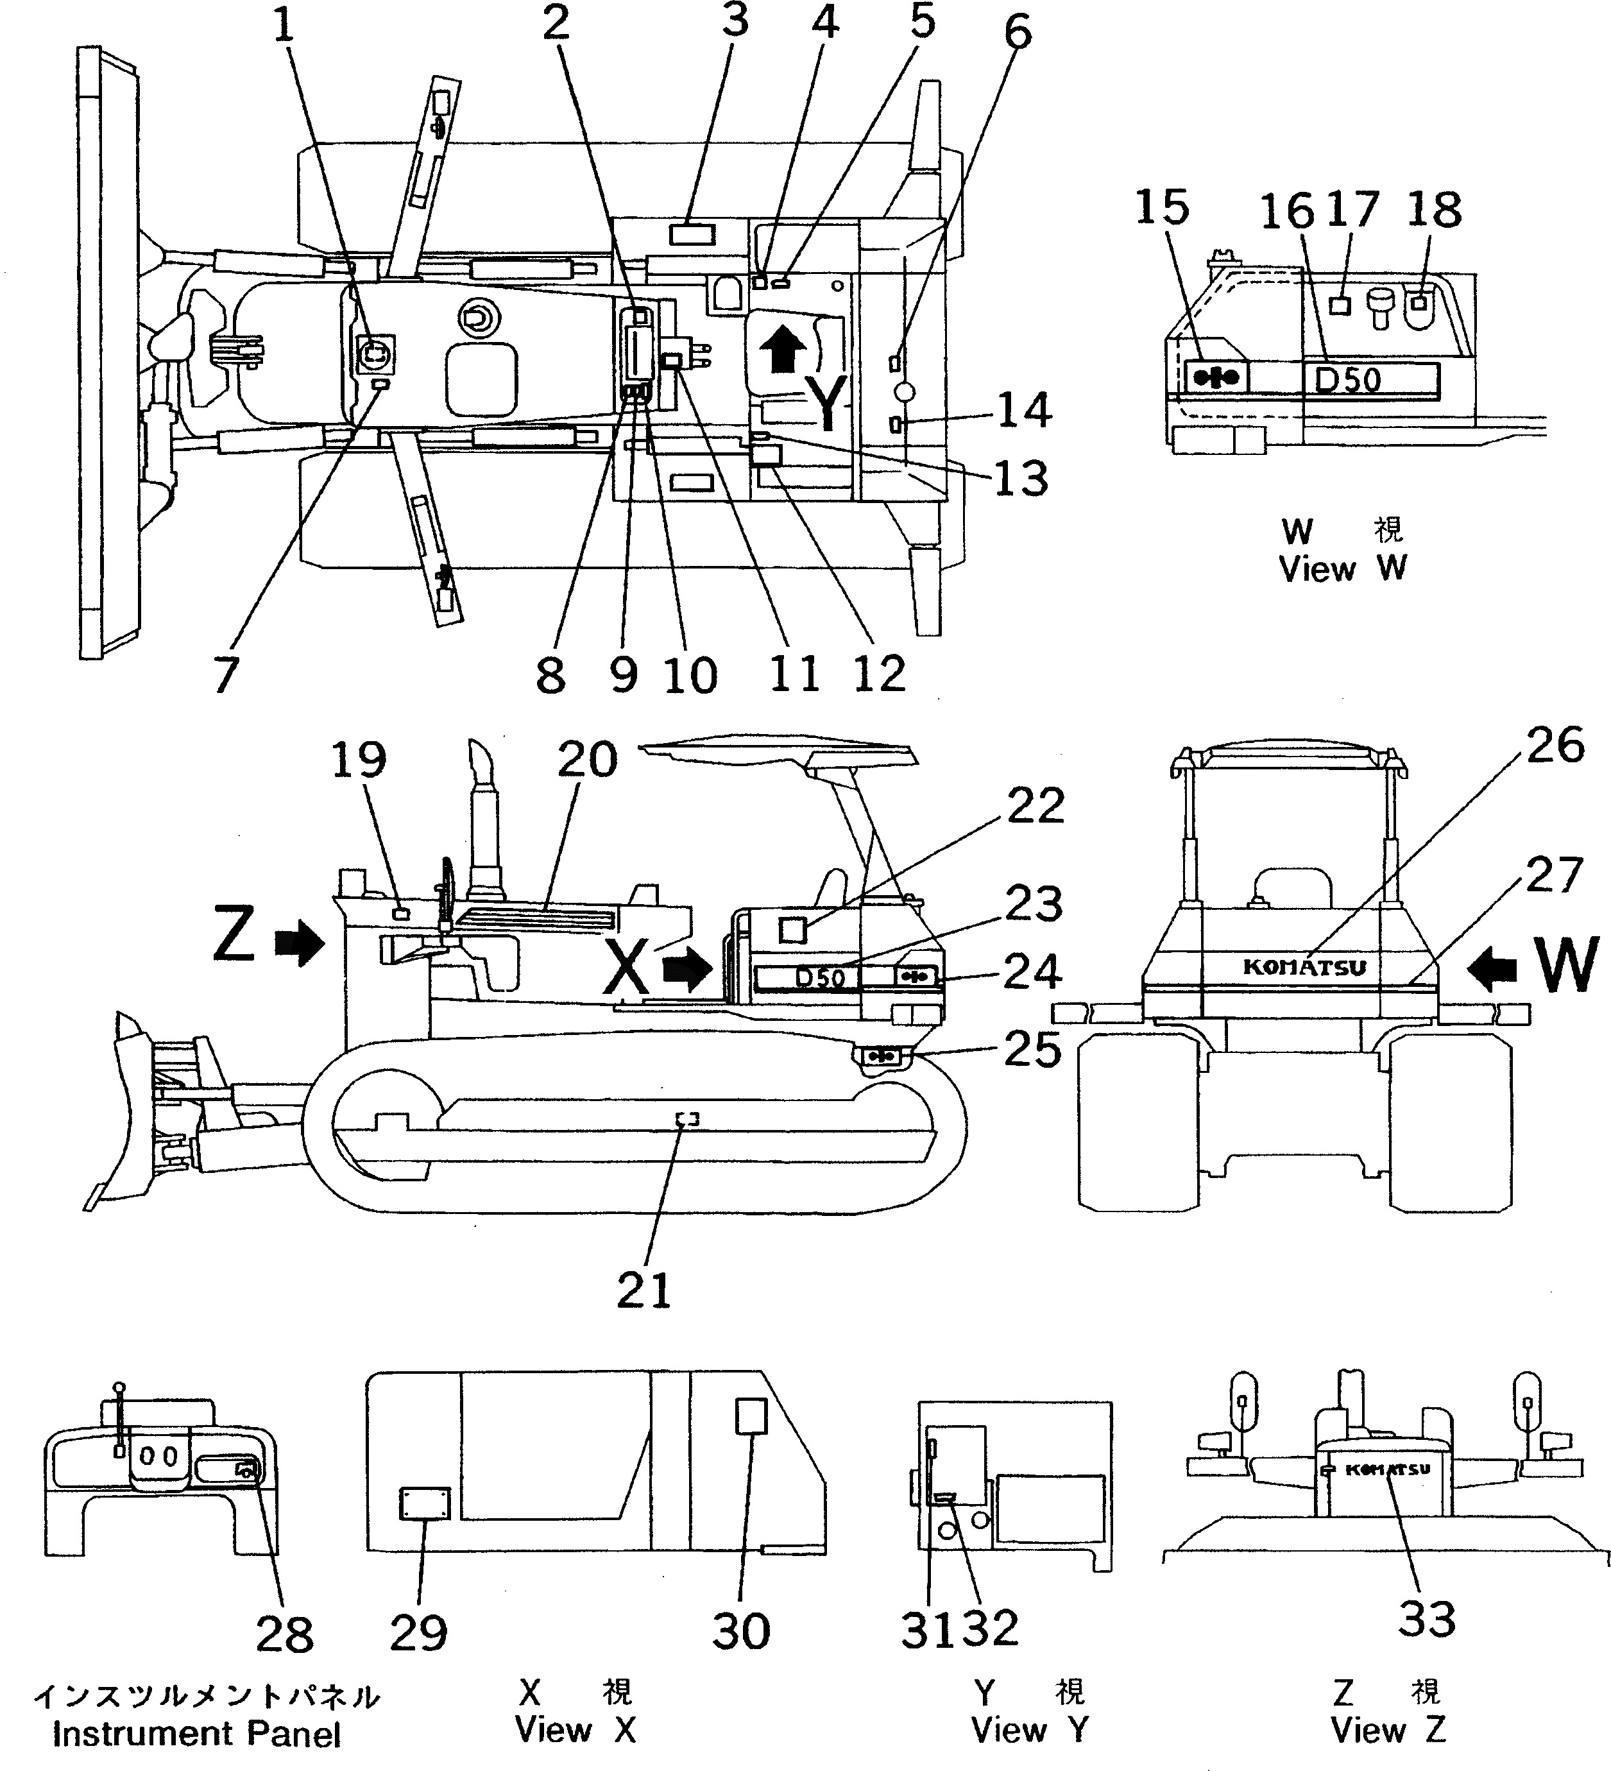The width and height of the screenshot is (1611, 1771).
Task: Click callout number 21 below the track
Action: pyautogui.click(x=644, y=1290)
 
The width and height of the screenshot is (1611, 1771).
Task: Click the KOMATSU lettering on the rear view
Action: pyautogui.click(x=1304, y=967)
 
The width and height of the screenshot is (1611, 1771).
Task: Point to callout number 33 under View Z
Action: pyautogui.click(x=1426, y=1619)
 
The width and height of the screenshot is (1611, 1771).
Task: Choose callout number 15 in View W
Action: pyautogui.click(x=1161, y=208)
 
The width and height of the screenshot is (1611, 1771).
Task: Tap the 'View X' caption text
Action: pyautogui.click(x=575, y=1730)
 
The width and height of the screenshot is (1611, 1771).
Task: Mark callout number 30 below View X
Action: pyautogui.click(x=740, y=1631)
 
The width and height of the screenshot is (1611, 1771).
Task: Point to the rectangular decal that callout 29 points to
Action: pyautogui.click(x=425, y=1503)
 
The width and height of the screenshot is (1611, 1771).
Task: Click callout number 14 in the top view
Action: pyautogui.click(x=1024, y=410)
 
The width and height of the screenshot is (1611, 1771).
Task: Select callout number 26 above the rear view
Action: pyautogui.click(x=1555, y=746)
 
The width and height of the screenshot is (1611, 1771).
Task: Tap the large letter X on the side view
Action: pyautogui.click(x=628, y=969)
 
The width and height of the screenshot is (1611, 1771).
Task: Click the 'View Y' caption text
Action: pyautogui.click(x=1030, y=1730)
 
